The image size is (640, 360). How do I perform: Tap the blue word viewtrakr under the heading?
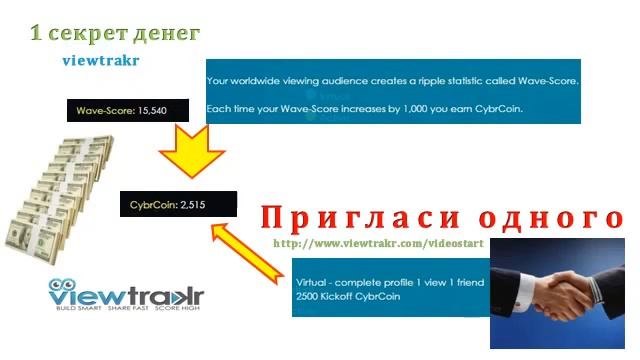pyautogui.click(x=100, y=60)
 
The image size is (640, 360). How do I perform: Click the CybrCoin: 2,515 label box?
pyautogui.click(x=177, y=205)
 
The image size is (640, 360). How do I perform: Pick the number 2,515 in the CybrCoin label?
pyautogui.click(x=192, y=205)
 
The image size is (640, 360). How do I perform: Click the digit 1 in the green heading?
pyautogui.click(x=36, y=33)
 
